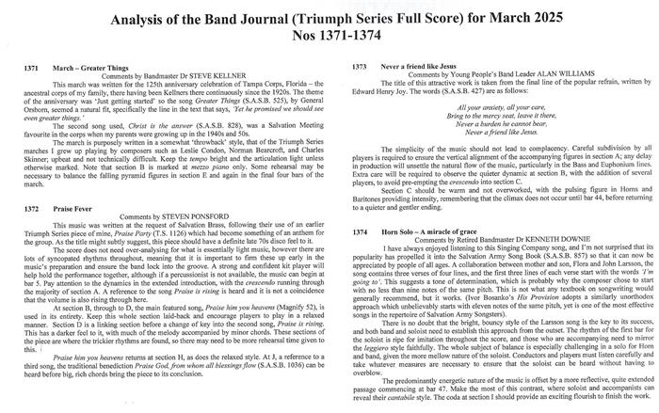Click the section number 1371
pyautogui.click(x=29, y=69)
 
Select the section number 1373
pyautogui.click(x=361, y=69)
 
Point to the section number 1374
pyautogui.click(x=361, y=230)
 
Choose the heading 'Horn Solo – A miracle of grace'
pyautogui.click(x=448, y=230)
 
